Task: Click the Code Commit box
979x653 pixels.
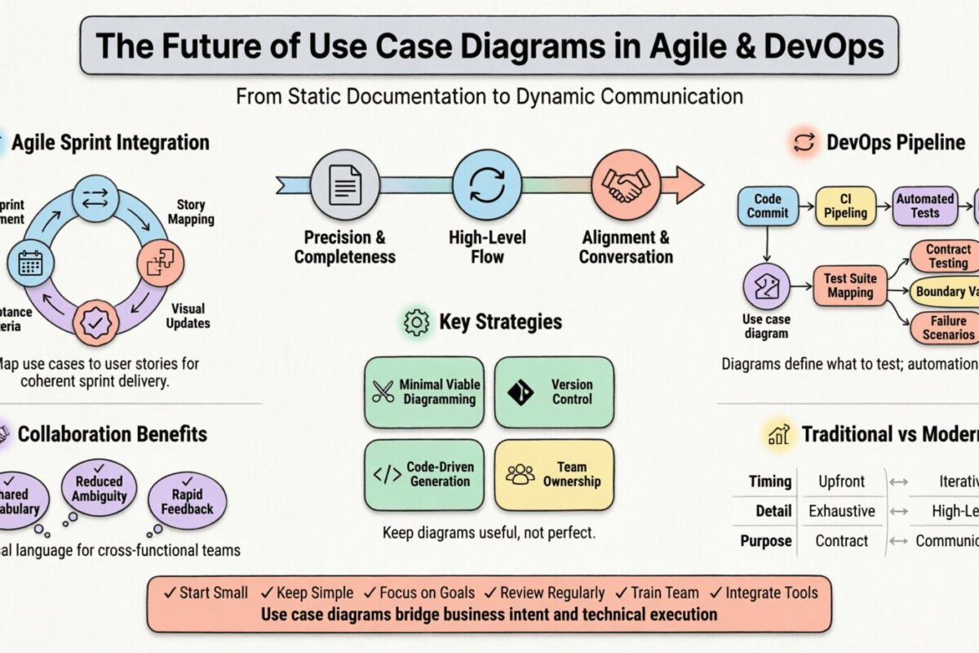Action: coord(767,206)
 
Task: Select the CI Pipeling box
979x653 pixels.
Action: coord(845,206)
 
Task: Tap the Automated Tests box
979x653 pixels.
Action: coord(924,206)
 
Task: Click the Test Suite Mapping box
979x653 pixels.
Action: coord(850,286)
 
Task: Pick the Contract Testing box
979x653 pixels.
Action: coord(947,256)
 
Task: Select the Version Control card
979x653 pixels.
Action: coord(554,392)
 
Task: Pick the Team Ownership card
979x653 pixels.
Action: coord(554,474)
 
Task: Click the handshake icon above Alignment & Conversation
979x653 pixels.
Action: coord(625,184)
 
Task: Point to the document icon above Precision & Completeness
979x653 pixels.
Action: coord(345,184)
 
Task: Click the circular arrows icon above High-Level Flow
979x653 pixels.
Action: coord(487,184)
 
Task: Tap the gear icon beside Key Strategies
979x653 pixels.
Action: coord(416,323)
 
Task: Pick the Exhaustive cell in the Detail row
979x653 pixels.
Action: coord(841,511)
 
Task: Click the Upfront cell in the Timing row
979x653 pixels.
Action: coord(841,482)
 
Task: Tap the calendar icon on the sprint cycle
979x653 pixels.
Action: coord(30,263)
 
